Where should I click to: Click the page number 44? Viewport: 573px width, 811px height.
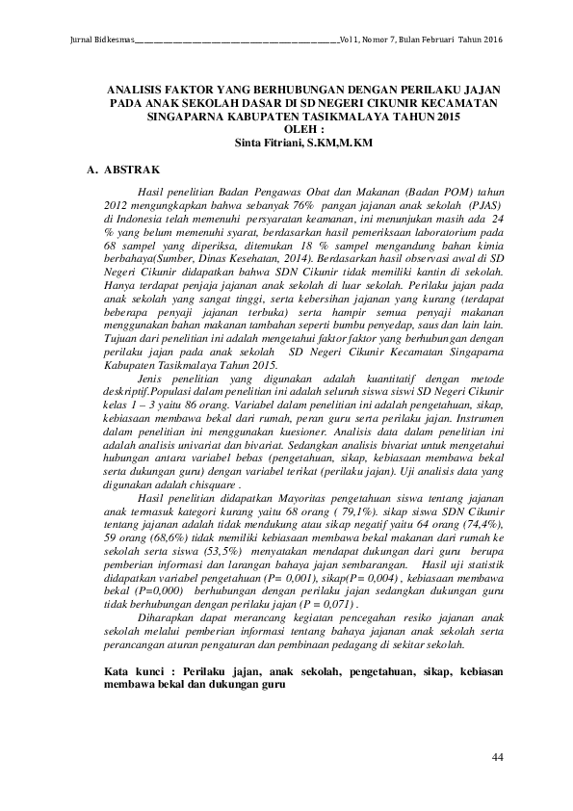[498, 759]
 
